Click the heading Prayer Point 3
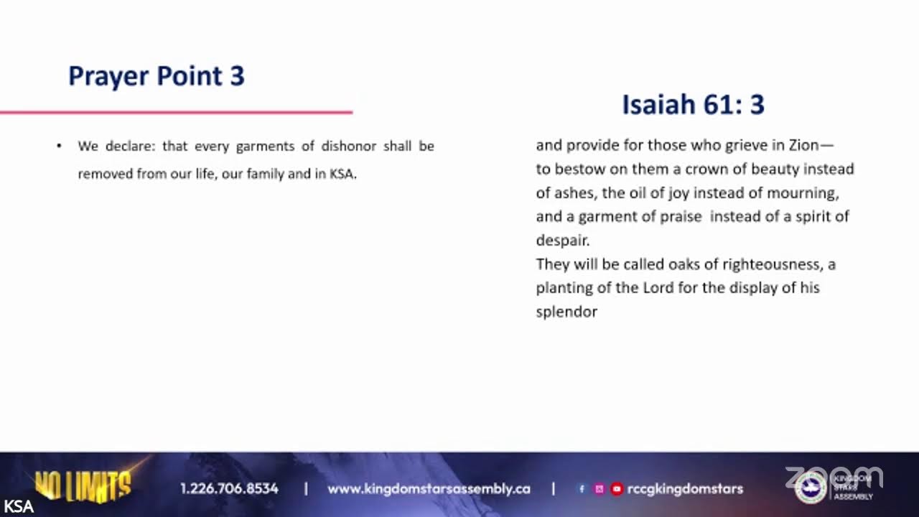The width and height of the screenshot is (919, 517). pyautogui.click(x=157, y=76)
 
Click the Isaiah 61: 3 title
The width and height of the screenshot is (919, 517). pyautogui.click(x=693, y=105)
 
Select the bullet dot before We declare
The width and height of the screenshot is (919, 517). pyautogui.click(x=59, y=146)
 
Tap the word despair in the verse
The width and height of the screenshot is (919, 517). pyautogui.click(x=561, y=241)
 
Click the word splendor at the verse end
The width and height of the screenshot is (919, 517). pyautogui.click(x=566, y=312)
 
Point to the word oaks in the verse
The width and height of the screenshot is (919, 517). pyautogui.click(x=684, y=264)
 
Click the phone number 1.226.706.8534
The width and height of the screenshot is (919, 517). pyautogui.click(x=229, y=489)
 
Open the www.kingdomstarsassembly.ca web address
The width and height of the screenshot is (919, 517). pyautogui.click(x=429, y=489)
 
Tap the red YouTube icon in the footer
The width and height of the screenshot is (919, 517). pyautogui.click(x=616, y=489)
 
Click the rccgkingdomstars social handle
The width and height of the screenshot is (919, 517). pyautogui.click(x=685, y=489)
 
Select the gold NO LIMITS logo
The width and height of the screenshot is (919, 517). pyautogui.click(x=83, y=486)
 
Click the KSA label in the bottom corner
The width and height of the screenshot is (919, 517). pyautogui.click(x=17, y=506)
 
